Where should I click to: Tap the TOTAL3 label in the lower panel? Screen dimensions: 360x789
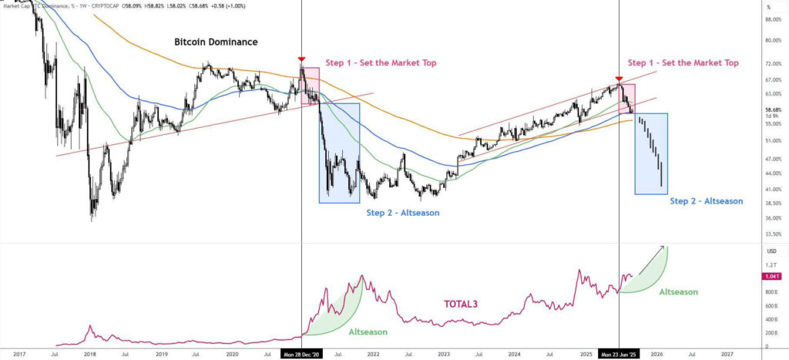click(462, 304)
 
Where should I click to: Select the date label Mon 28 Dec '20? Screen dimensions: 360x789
click(300, 353)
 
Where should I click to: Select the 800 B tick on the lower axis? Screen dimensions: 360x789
click(771, 292)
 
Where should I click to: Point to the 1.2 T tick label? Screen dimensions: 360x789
click(771, 265)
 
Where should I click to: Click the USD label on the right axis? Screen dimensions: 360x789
click(771, 251)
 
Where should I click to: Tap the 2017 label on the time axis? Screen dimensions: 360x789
click(20, 353)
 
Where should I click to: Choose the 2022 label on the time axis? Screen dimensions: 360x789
click(374, 353)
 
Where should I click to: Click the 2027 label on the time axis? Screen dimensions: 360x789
click(727, 353)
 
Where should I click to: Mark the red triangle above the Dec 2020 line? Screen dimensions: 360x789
click(301, 59)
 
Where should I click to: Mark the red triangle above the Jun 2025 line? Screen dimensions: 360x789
click(619, 79)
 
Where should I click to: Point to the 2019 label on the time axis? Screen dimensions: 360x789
click(161, 353)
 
